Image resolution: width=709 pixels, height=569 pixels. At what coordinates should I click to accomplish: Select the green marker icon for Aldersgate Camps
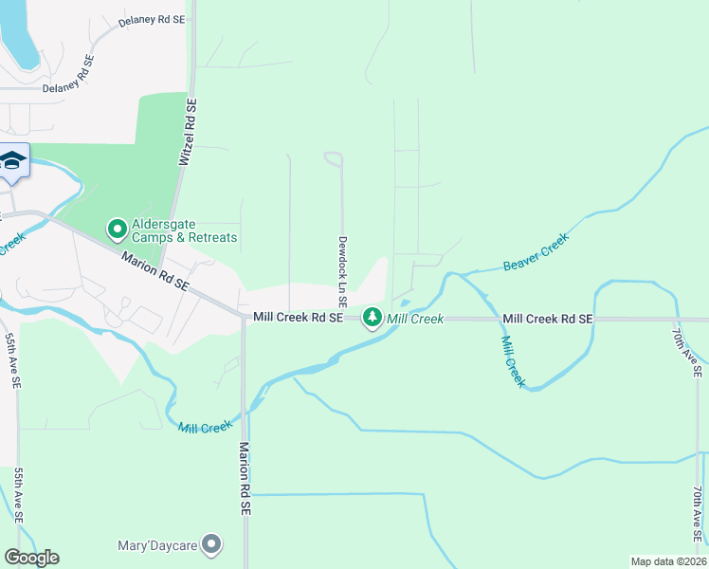[x=118, y=229]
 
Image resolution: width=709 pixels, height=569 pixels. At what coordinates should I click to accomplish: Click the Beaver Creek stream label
[x=536, y=251]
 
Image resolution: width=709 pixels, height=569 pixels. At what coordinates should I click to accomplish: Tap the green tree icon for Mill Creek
[x=373, y=317]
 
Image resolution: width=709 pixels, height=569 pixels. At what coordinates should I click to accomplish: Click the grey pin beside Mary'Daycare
[x=212, y=544]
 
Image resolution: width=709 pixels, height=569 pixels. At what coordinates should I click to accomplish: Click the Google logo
[x=31, y=558]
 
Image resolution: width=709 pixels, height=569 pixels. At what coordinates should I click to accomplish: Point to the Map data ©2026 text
[x=668, y=560]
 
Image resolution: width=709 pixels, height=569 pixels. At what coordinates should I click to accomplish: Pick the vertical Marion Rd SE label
[x=245, y=479]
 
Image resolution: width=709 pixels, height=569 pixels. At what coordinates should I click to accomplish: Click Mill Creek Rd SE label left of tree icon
[x=297, y=319]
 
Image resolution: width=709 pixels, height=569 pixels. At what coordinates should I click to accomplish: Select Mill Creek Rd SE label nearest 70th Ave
[x=548, y=320]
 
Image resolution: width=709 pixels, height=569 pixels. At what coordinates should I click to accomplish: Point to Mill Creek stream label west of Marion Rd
[x=204, y=428]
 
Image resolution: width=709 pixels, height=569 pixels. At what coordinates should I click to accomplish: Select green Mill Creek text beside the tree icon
[x=414, y=319]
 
